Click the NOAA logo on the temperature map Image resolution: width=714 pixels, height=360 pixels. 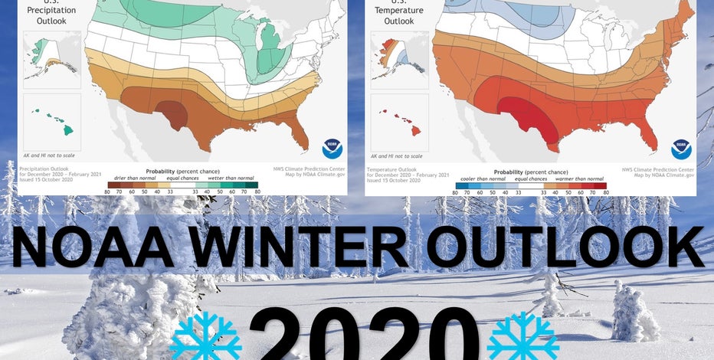[x=681, y=149]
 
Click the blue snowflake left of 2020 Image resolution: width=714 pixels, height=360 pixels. [x=205, y=337]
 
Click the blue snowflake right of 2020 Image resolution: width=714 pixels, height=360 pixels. [x=522, y=337]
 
